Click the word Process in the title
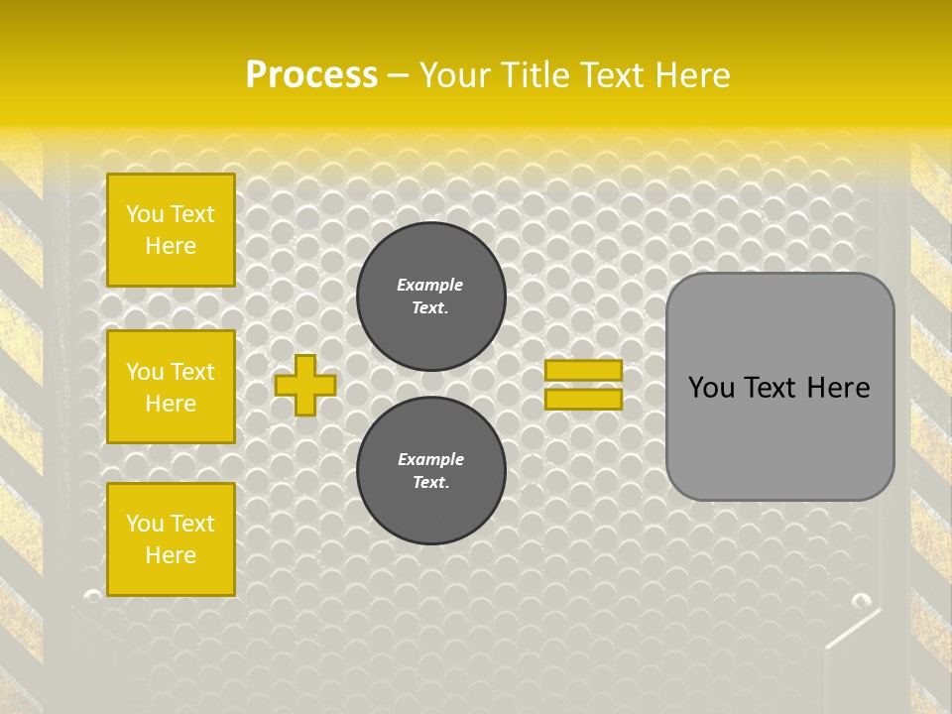(x=311, y=74)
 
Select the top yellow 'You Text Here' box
(x=171, y=230)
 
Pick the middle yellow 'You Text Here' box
(x=171, y=387)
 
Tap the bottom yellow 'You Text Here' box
(x=171, y=539)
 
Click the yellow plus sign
(x=305, y=385)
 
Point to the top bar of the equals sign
(x=583, y=370)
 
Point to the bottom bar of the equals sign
(x=583, y=399)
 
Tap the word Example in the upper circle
(x=430, y=285)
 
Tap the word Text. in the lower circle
(x=430, y=482)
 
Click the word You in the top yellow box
(x=145, y=214)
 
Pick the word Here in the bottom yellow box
(x=171, y=555)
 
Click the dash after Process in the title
(x=399, y=74)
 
